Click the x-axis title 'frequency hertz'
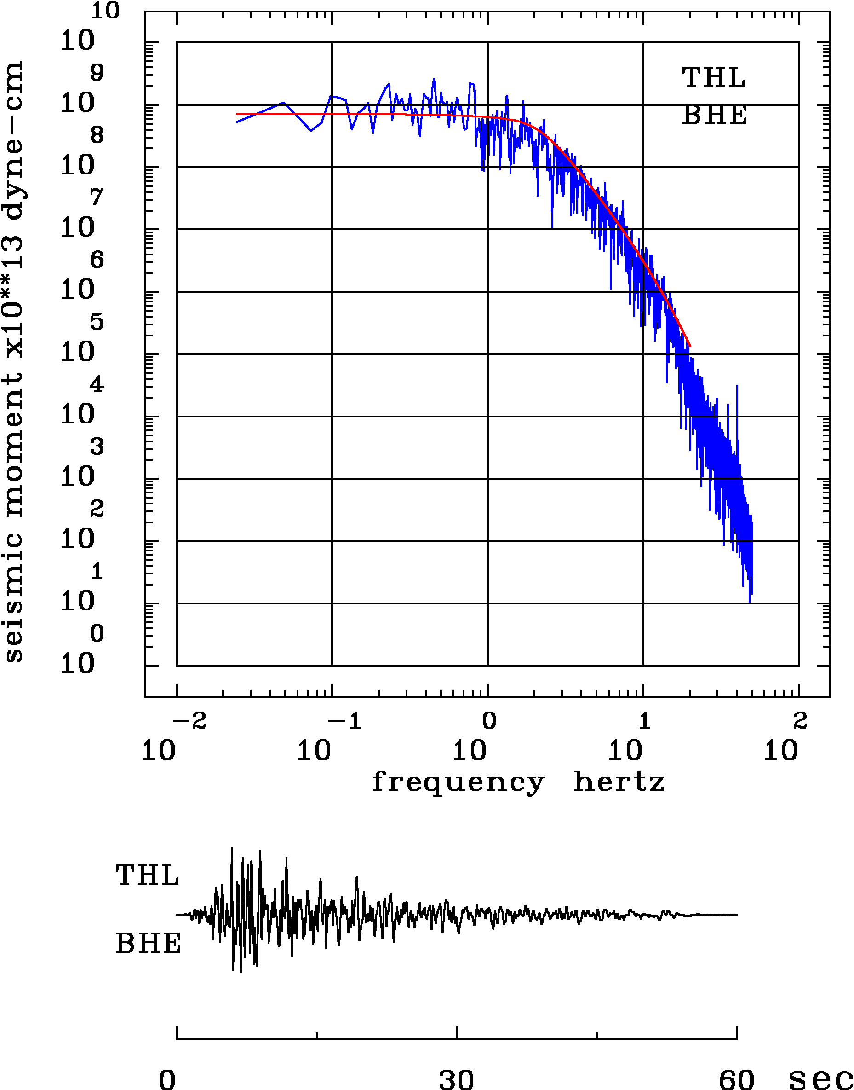pyautogui.click(x=518, y=782)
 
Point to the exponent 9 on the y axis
pyautogui.click(x=97, y=73)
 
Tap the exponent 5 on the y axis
pyautogui.click(x=97, y=322)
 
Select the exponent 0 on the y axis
pyautogui.click(x=97, y=633)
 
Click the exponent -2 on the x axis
pyautogui.click(x=190, y=721)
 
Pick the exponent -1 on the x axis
pyautogui.click(x=345, y=721)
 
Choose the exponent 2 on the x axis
pyautogui.click(x=800, y=721)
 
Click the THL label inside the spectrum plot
pyautogui.click(x=714, y=78)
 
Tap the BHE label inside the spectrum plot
pyautogui.click(x=715, y=116)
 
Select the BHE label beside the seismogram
pyautogui.click(x=148, y=945)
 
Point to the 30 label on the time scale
pyautogui.click(x=456, y=1078)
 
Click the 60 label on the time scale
pyautogui.click(x=736, y=1078)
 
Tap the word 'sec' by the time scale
pyautogui.click(x=820, y=1078)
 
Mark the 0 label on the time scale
pyautogui.click(x=167, y=1078)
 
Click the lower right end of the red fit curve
pyautogui.click(x=690, y=346)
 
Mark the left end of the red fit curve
pyautogui.click(x=237, y=114)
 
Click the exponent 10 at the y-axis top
pyautogui.click(x=105, y=11)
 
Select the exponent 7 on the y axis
pyautogui.click(x=97, y=197)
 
